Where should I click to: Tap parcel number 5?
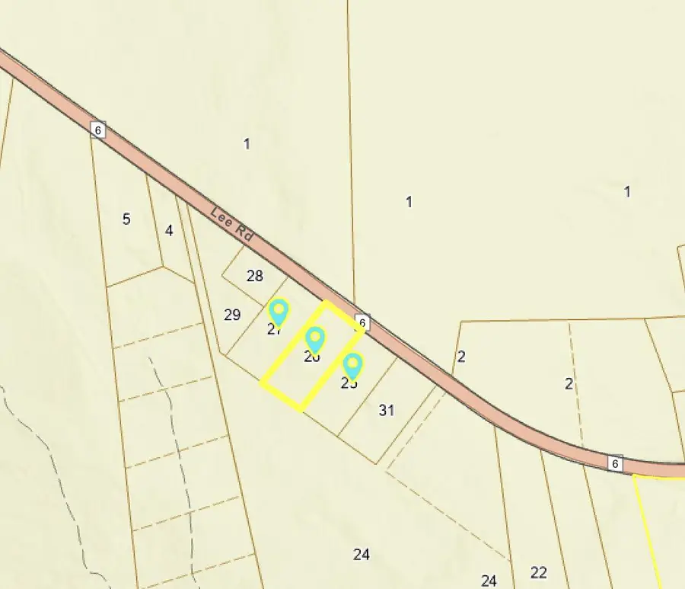[126, 219]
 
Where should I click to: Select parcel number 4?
[169, 230]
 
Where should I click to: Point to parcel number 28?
[255, 276]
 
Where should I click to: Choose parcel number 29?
[233, 315]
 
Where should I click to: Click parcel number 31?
[387, 411]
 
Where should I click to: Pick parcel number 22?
[539, 573]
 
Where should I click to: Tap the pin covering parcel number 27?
[279, 312]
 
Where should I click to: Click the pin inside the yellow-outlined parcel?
[314, 340]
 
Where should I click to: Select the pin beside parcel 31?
[352, 367]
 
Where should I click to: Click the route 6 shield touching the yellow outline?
[362, 322]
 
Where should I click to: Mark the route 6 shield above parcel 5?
[97, 130]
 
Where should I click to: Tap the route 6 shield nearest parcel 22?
[615, 463]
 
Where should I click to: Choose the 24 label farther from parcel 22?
[362, 555]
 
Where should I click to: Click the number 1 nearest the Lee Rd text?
[247, 143]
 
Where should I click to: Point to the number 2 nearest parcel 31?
[461, 357]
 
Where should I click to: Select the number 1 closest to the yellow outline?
[409, 202]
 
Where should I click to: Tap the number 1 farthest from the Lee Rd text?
[627, 192]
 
